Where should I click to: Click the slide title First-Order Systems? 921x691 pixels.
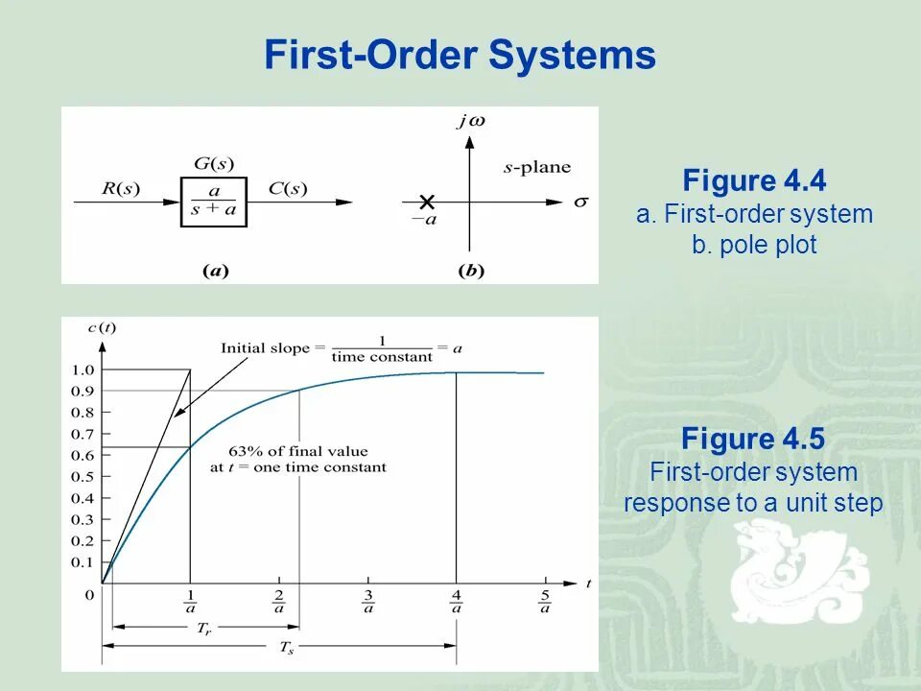point(460,56)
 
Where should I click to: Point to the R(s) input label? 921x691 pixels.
point(121,188)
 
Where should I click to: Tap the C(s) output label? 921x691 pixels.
point(287,188)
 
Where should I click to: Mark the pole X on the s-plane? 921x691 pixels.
point(427,202)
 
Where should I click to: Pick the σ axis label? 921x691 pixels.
point(579,203)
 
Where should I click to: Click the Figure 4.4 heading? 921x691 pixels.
point(754,181)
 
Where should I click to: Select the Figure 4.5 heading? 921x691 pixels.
point(753,440)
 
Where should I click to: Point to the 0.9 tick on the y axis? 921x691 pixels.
point(83,391)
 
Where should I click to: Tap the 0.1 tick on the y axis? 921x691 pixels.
point(83,562)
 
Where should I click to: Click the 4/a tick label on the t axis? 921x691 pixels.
point(457,601)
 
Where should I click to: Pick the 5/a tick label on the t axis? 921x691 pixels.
point(545,601)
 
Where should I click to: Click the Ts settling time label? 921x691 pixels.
point(286,648)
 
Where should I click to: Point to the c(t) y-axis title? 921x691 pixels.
point(102,327)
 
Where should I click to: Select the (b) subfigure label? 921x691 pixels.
point(471,271)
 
